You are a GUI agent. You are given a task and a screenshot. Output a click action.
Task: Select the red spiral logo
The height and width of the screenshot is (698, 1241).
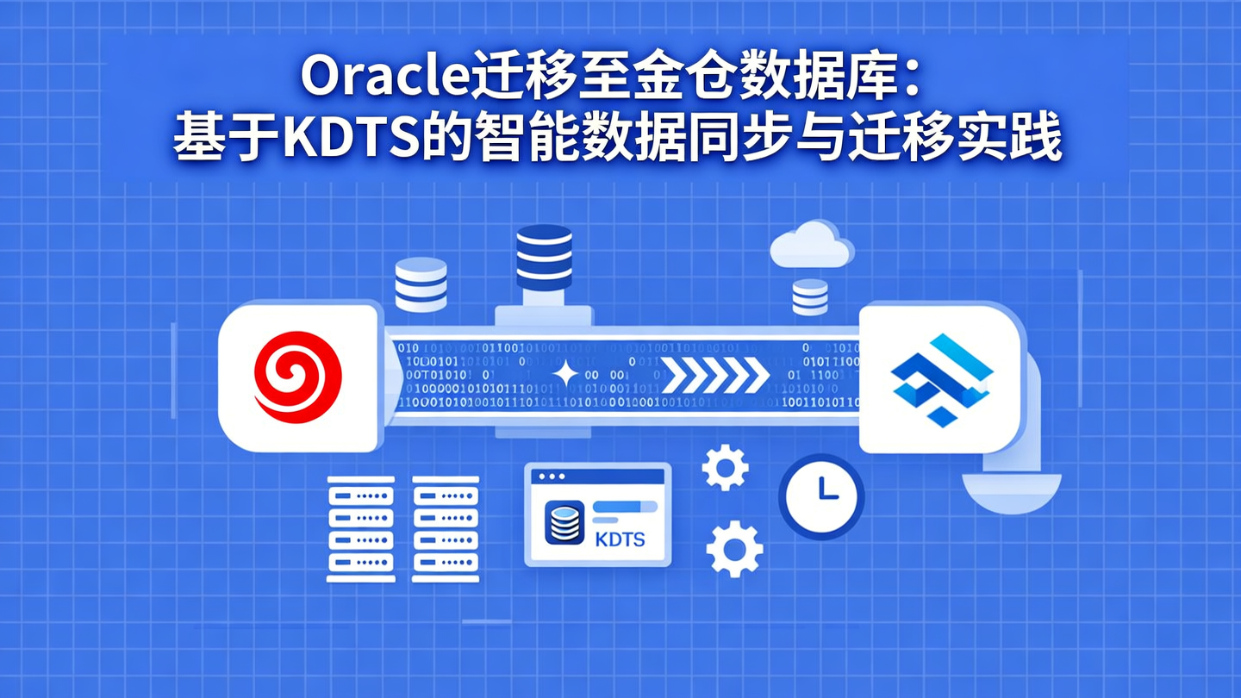[297, 378]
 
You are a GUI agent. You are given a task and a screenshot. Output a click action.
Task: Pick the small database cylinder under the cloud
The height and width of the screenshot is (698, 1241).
[809, 296]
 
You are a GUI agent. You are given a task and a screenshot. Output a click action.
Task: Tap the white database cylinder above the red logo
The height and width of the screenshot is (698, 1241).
[421, 284]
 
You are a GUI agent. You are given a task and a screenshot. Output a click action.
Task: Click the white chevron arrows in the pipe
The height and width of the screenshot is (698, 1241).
[715, 375]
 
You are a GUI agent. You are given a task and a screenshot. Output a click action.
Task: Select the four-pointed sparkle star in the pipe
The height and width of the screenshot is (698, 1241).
[566, 375]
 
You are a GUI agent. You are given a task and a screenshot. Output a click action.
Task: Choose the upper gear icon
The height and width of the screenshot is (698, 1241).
[724, 468]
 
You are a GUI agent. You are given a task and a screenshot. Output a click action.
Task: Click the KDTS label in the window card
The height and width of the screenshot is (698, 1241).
[620, 540]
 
